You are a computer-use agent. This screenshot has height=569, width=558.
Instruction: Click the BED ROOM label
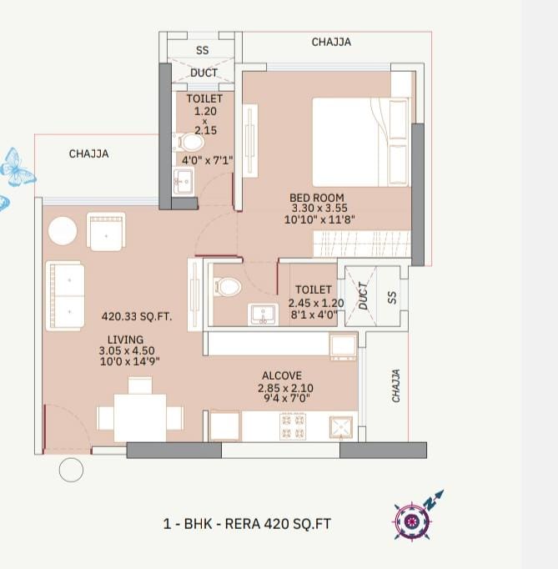coord(316,198)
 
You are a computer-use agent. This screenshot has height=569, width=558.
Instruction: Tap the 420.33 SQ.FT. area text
coord(137,316)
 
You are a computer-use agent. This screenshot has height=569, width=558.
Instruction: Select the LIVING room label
coord(126,340)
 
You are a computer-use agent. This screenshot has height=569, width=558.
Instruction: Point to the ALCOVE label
coord(282,375)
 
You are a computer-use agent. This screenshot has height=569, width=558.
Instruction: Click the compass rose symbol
coord(413,521)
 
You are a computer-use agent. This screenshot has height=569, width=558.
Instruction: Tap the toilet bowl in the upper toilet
coord(189,142)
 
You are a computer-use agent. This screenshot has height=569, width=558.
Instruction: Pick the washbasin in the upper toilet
coord(183,180)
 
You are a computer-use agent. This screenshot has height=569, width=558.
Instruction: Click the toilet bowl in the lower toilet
coord(228,287)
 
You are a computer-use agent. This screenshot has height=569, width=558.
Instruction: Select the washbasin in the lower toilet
coord(264,315)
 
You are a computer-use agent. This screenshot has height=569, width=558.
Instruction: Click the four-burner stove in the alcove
coord(293,426)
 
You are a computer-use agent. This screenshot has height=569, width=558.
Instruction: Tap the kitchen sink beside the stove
coord(340,427)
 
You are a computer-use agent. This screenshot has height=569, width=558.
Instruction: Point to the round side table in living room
coord(63,231)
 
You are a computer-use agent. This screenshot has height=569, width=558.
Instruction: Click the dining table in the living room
coord(140,418)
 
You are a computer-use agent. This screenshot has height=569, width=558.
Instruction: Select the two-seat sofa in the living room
coord(65,295)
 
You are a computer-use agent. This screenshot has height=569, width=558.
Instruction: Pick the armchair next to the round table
coord(106,232)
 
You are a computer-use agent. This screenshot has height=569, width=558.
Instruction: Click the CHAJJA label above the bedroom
coord(331,42)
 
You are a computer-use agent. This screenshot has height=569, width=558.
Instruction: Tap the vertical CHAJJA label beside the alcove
coord(396,385)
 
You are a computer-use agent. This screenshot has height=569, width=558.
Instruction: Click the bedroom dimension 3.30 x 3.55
coord(319,208)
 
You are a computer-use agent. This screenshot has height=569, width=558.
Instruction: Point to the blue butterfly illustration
coord(17,168)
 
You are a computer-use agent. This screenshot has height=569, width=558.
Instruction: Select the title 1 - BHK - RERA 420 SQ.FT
coord(247,524)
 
